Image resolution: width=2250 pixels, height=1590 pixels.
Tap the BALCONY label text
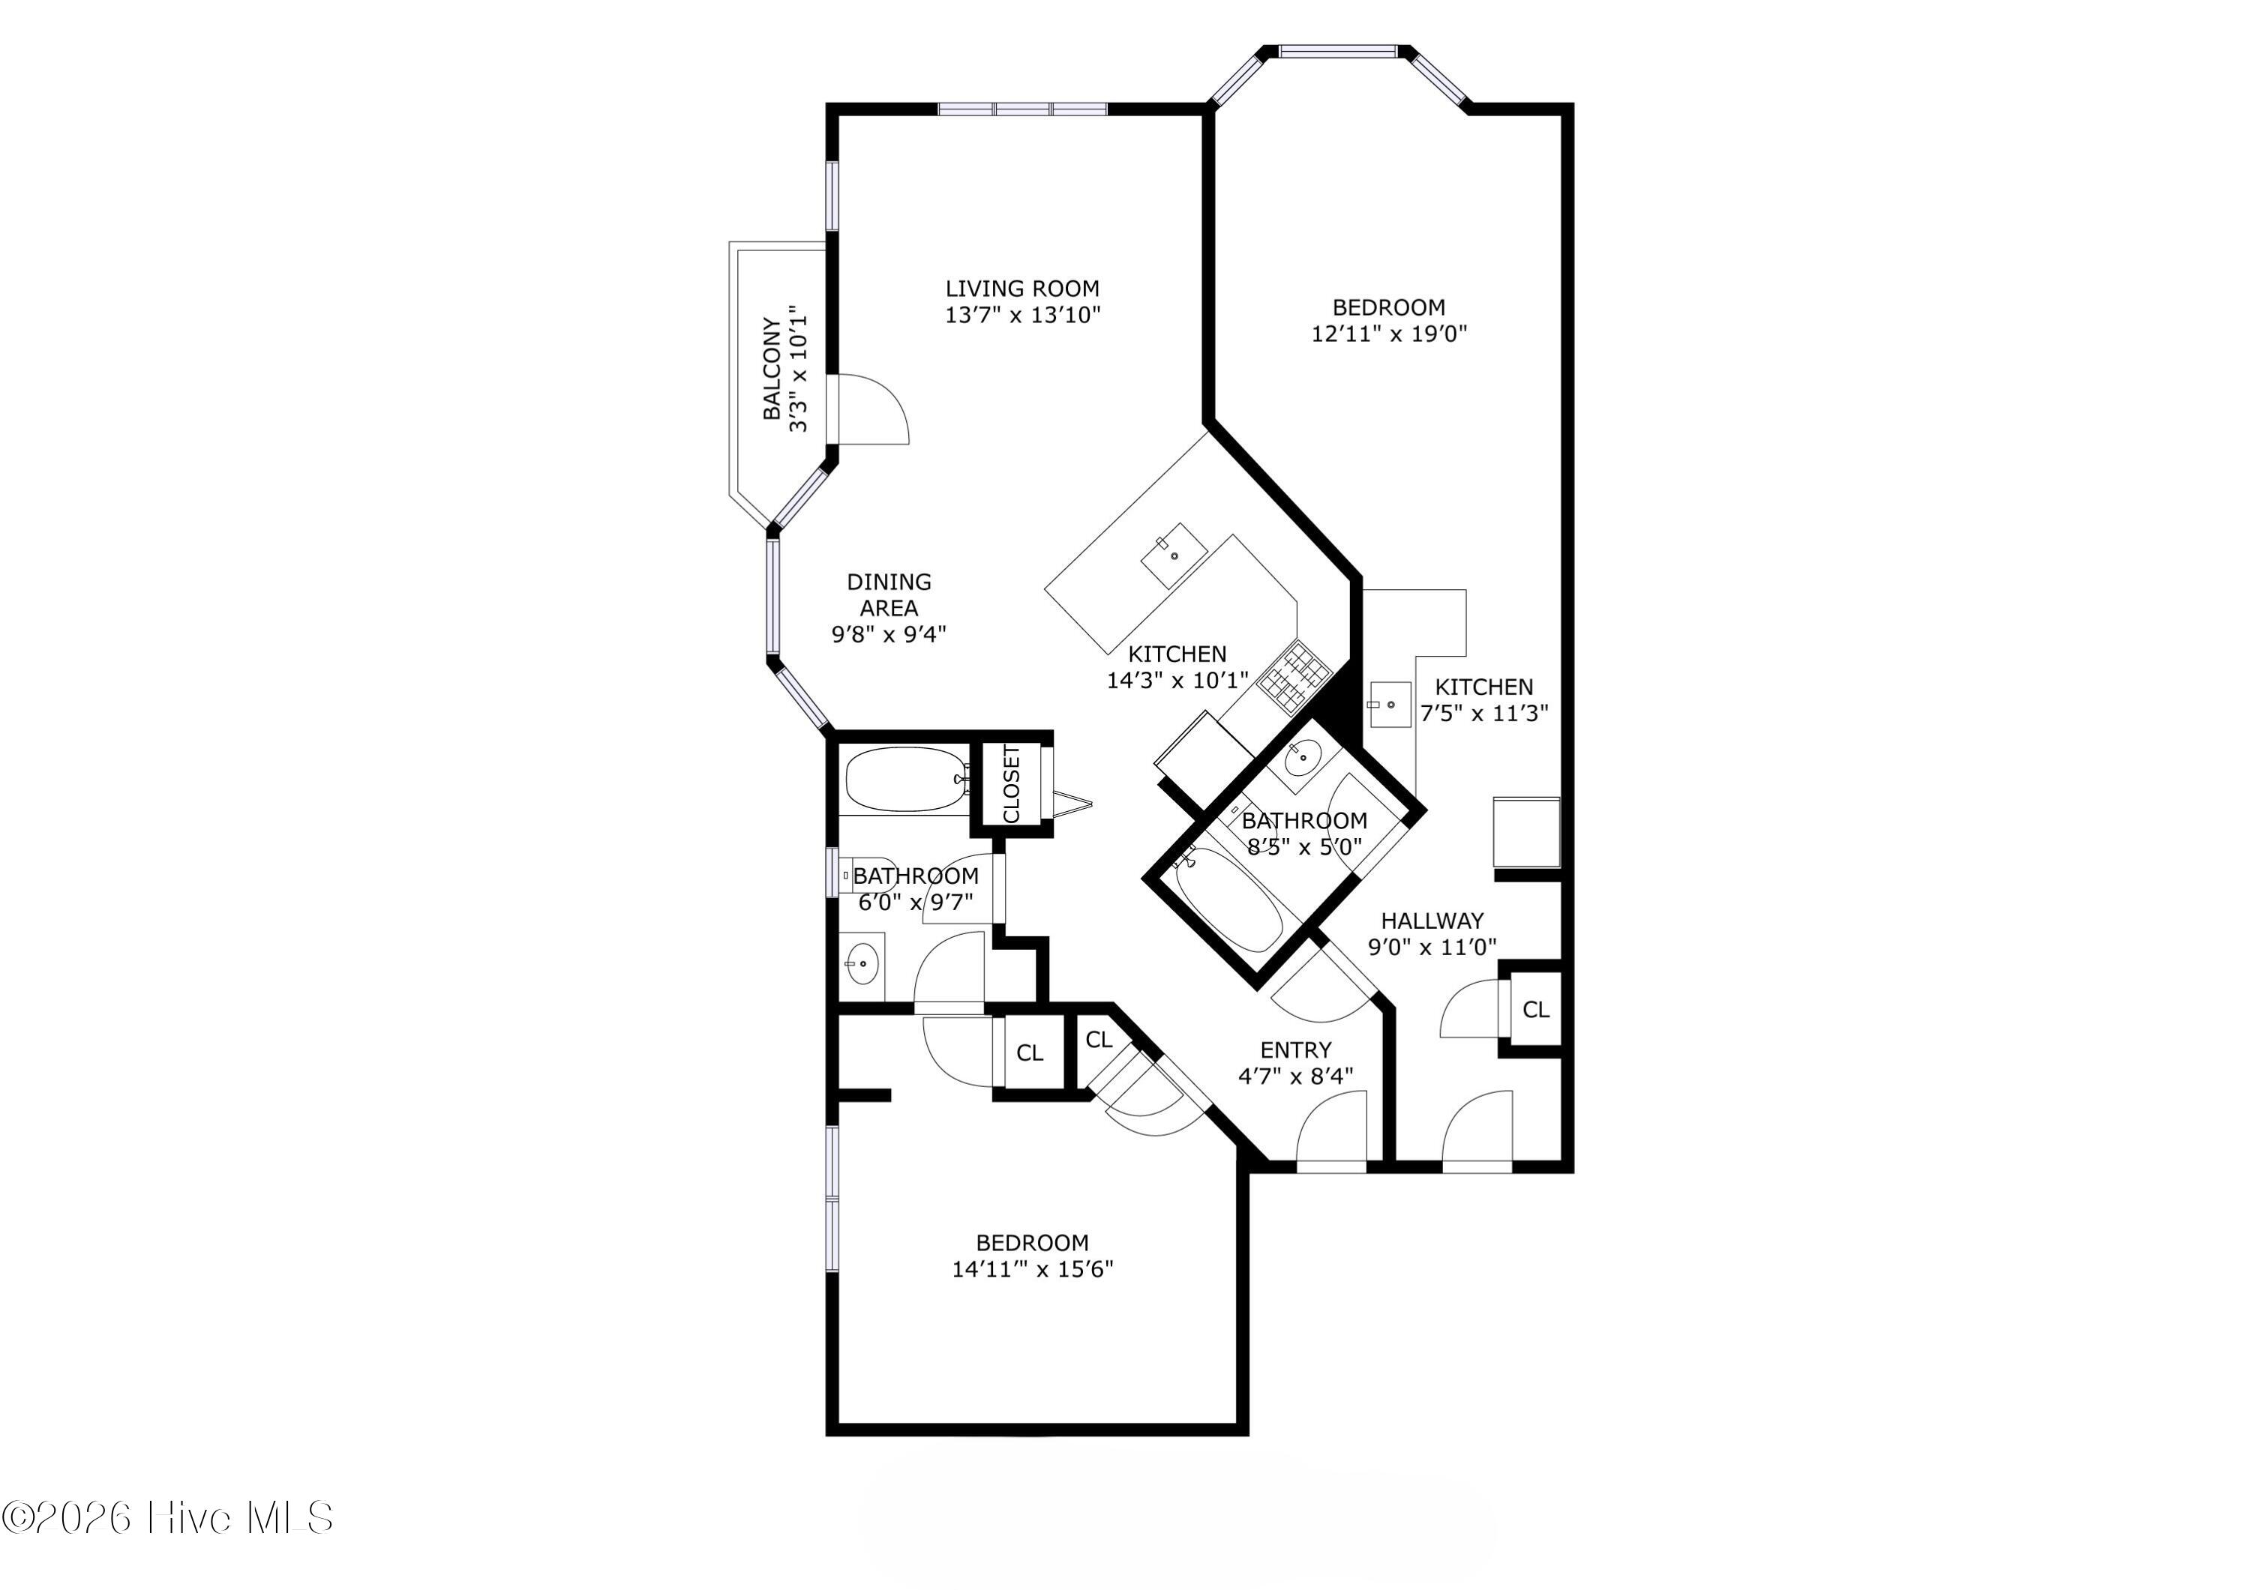coord(773,368)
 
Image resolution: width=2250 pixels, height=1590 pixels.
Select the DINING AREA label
coord(889,594)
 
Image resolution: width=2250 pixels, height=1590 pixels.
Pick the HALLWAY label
coord(1432,921)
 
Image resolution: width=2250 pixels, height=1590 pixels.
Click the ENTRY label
coord(1295,1050)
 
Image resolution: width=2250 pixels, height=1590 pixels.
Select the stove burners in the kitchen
coord(1294,677)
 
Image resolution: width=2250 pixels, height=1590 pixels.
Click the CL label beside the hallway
coord(1535,1009)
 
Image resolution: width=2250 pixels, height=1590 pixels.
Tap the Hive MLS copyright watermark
coord(166,1517)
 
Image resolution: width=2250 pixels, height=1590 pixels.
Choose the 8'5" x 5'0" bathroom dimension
coord(1303,846)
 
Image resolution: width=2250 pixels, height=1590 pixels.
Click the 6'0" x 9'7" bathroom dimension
coord(915,901)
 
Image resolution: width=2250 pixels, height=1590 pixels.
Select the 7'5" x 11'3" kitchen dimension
coord(1483,713)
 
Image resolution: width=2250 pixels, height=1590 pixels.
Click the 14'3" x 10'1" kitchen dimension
coord(1177,680)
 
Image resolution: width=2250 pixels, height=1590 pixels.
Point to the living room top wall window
coord(1023,109)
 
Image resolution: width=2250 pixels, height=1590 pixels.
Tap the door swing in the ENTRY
coord(1330,1127)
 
